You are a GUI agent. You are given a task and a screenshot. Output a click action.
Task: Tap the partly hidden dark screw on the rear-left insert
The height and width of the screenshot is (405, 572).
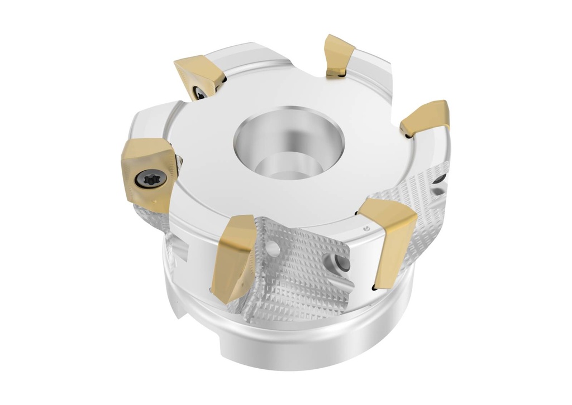tap(199, 91)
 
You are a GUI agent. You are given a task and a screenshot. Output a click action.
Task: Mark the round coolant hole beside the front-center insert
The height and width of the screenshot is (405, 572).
tap(273, 247)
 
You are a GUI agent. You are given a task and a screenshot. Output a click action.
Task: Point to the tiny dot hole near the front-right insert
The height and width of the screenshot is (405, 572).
tap(366, 229)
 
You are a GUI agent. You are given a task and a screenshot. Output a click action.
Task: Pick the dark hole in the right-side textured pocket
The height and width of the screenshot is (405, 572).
tap(441, 179)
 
